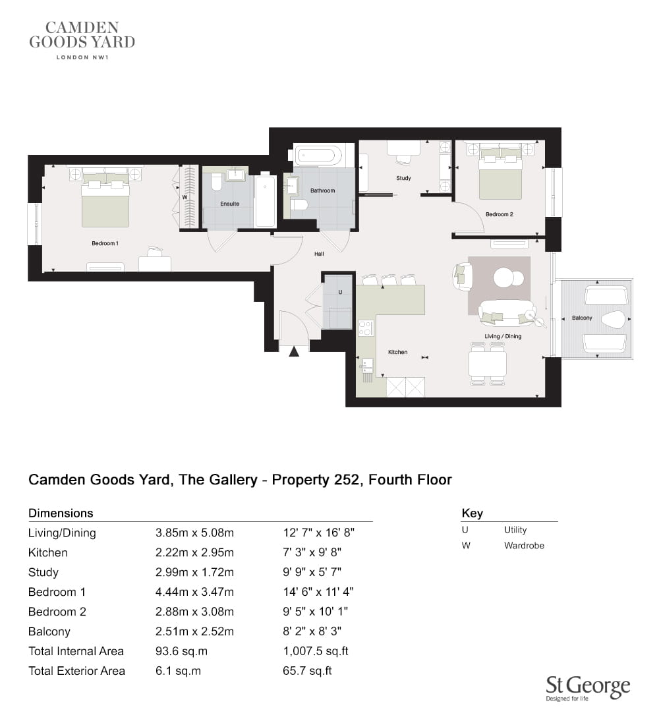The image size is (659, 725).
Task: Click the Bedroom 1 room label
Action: [x=105, y=243]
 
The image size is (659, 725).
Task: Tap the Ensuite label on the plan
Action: [x=230, y=204]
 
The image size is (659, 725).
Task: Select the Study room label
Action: [x=403, y=178]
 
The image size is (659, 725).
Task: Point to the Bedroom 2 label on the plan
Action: [x=500, y=214]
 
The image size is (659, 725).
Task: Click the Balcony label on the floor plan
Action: [x=582, y=318]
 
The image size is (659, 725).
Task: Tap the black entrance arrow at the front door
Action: [x=294, y=352]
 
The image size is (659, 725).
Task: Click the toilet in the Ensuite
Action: [x=216, y=182]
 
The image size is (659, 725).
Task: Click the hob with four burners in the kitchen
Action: [x=365, y=328]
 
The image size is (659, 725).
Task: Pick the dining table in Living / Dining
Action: [x=488, y=364]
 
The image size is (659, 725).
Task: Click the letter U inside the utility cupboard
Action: [x=340, y=292]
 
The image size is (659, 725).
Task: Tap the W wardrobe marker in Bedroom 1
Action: [x=185, y=198]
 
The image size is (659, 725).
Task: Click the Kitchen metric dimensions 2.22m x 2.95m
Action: [x=194, y=552]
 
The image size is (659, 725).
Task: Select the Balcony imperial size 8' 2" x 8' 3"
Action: [x=312, y=631]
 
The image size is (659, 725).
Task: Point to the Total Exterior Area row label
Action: [x=76, y=671]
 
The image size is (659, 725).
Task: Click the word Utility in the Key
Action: [x=515, y=530]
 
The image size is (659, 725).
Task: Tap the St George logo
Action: [x=588, y=689]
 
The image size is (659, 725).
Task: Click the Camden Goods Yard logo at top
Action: [x=82, y=40]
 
